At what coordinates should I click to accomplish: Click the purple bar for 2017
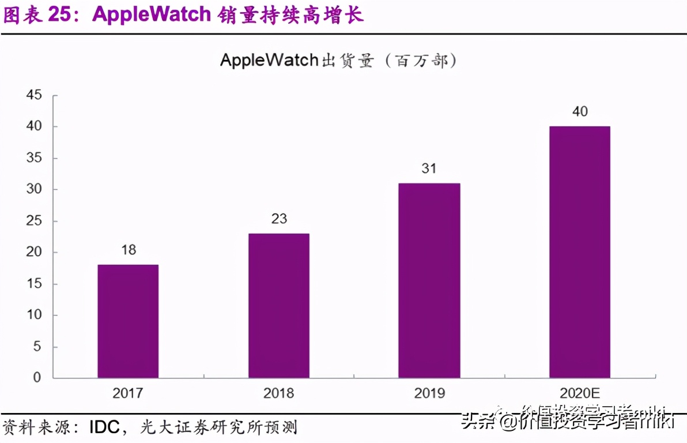pos(128,321)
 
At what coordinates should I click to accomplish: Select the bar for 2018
pos(279,306)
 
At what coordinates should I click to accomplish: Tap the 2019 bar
pos(429,280)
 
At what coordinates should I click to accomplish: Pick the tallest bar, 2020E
pos(580,252)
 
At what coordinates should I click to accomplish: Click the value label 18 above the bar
pos(128,250)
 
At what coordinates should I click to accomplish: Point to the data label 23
pos(279,219)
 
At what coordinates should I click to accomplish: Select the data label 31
pos(429,169)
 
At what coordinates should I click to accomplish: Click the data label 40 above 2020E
pos(580,111)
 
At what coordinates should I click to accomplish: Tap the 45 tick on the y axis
pos(34,95)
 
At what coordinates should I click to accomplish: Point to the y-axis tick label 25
pos(34,221)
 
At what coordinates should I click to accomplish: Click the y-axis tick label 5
pos(37,347)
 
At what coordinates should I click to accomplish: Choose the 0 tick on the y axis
pos(37,378)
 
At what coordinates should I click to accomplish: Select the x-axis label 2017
pos(128,393)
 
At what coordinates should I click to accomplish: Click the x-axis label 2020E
pos(580,393)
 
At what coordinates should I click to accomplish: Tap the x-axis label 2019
pos(429,393)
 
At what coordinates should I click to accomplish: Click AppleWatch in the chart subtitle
pos(269,60)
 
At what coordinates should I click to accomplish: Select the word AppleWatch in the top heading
pos(152,15)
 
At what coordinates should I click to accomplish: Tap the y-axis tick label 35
pos(34,158)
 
